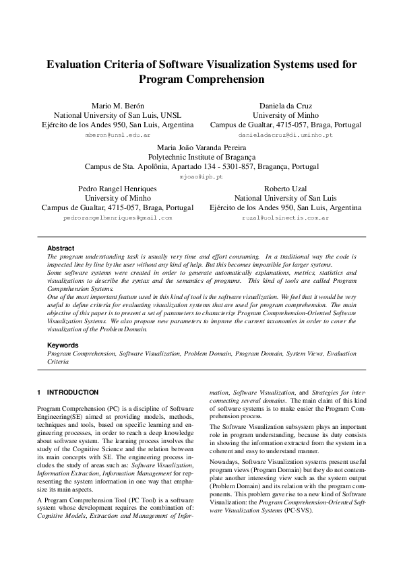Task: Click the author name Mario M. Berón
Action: click(117, 106)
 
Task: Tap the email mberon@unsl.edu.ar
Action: click(117, 135)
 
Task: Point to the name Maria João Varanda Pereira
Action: click(201, 147)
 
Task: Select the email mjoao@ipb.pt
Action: click(201, 176)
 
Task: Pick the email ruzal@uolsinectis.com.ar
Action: click(285, 218)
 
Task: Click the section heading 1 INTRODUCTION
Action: click(67, 392)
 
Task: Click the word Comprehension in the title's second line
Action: click(226, 79)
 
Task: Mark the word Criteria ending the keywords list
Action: click(58, 361)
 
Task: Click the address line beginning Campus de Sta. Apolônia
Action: click(201, 166)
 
